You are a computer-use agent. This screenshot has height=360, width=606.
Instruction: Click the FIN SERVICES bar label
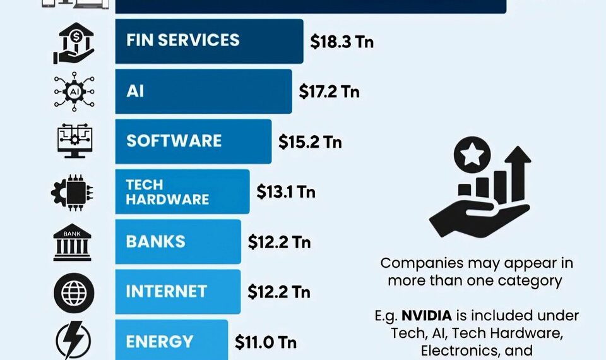pyautogui.click(x=182, y=40)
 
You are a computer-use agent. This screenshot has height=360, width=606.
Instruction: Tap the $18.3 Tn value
pyautogui.click(x=342, y=42)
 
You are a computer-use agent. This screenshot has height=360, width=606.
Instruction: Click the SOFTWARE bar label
pyautogui.click(x=174, y=140)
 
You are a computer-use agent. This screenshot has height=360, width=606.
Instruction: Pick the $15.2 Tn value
pyautogui.click(x=310, y=141)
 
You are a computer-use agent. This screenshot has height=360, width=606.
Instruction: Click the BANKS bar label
pyautogui.click(x=155, y=241)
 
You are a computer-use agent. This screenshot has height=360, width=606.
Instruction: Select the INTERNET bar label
pyautogui.click(x=166, y=291)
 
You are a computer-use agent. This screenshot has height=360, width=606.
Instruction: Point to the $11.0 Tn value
pyautogui.click(x=266, y=342)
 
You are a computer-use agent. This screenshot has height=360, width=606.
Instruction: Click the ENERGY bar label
pyautogui.click(x=159, y=342)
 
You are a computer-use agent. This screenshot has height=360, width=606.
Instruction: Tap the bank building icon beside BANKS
pyautogui.click(x=73, y=242)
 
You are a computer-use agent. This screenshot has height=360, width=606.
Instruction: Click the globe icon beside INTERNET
pyautogui.click(x=74, y=292)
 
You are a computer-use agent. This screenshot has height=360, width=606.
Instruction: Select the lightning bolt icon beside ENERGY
pyautogui.click(x=74, y=341)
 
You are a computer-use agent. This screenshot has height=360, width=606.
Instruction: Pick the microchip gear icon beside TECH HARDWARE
pyautogui.click(x=73, y=192)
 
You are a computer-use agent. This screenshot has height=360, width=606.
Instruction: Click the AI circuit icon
pyautogui.click(x=74, y=92)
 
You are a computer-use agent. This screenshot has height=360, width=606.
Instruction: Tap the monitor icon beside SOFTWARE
pyautogui.click(x=74, y=141)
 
